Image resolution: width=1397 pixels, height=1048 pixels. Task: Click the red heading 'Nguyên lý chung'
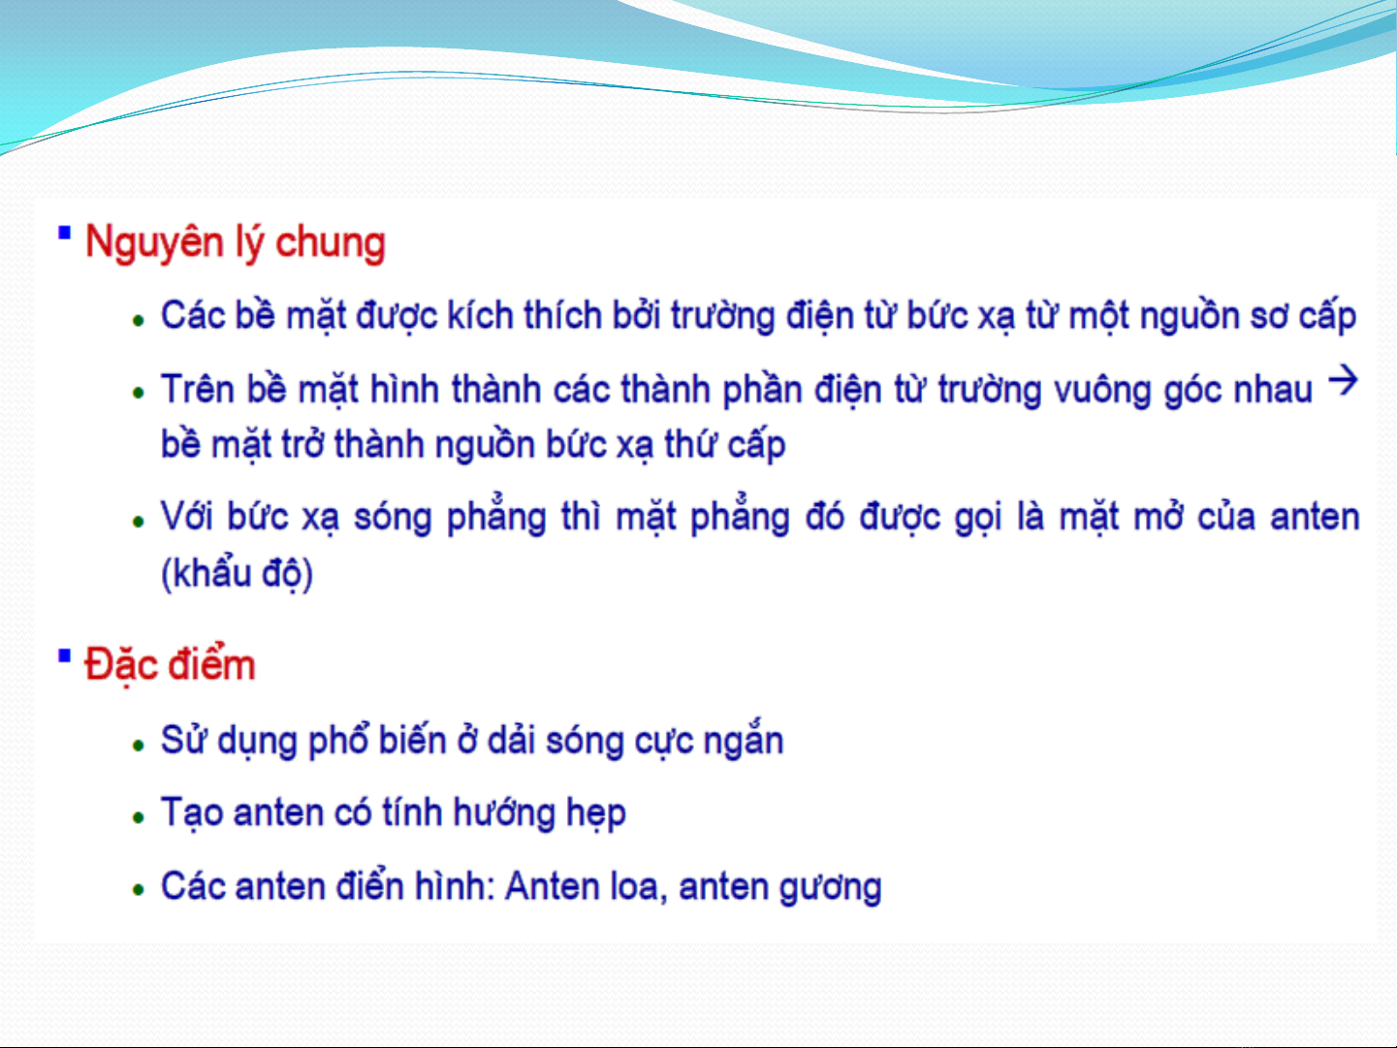click(236, 243)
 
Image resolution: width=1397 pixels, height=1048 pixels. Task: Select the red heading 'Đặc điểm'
click(170, 665)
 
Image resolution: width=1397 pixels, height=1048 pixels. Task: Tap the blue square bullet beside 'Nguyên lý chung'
click(64, 233)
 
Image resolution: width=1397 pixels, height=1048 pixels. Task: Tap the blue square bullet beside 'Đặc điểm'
click(64, 655)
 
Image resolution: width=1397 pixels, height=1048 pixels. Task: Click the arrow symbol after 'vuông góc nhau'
click(1343, 381)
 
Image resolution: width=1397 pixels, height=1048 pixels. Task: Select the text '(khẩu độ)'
click(237, 573)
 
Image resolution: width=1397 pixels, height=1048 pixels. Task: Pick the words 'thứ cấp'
click(725, 443)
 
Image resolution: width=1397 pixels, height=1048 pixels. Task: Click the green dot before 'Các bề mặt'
click(138, 321)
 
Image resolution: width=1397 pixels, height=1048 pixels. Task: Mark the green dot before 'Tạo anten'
click(138, 817)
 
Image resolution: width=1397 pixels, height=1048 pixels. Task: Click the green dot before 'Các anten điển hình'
click(138, 890)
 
